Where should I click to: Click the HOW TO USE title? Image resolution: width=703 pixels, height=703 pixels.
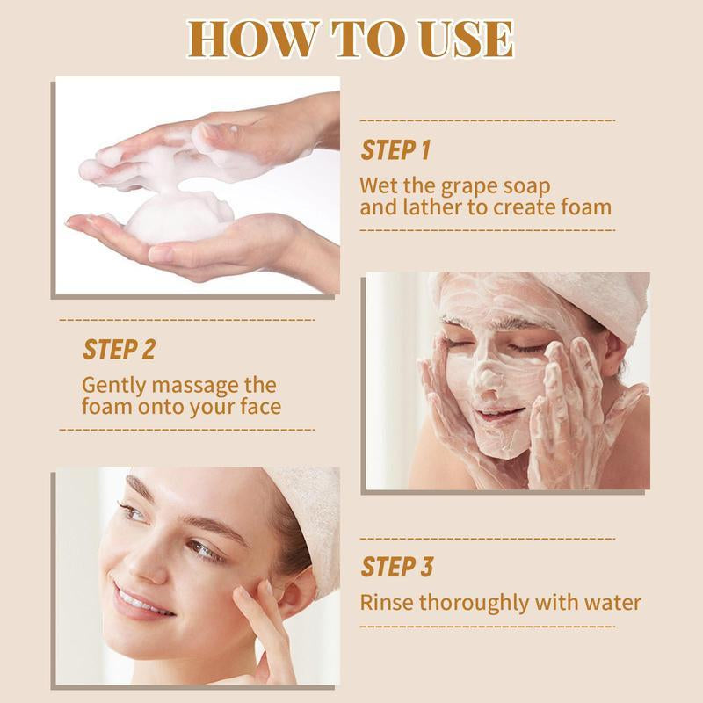tap(350, 39)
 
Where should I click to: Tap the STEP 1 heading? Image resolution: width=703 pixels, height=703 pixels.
tap(395, 150)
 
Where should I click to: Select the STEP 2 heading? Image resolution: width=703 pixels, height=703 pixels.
tap(119, 350)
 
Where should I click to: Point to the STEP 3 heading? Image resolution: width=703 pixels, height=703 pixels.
tap(397, 567)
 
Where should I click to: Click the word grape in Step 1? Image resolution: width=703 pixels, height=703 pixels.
tap(469, 187)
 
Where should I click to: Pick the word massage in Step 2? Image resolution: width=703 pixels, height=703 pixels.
tap(195, 387)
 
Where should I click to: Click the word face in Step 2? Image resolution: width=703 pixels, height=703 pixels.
tap(260, 407)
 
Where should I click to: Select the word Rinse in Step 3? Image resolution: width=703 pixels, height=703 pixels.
tap(387, 602)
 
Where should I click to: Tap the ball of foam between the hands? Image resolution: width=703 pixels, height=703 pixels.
tap(178, 217)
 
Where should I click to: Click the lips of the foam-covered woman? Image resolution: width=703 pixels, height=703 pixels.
tap(499, 413)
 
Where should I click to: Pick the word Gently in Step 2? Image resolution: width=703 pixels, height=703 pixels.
tap(114, 387)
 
